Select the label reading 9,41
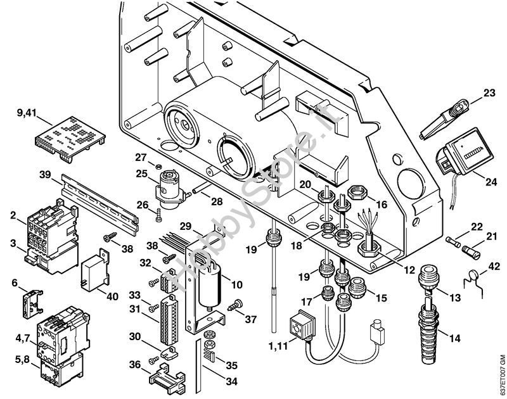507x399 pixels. pyautogui.click(x=27, y=113)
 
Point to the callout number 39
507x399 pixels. pyautogui.click(x=44, y=175)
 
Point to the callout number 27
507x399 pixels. pyautogui.click(x=140, y=158)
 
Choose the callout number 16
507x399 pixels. pyautogui.click(x=382, y=204)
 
